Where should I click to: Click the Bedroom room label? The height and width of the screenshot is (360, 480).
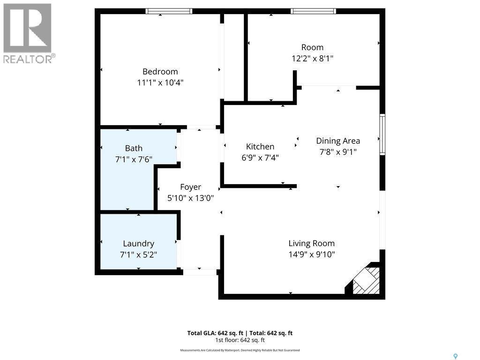160,72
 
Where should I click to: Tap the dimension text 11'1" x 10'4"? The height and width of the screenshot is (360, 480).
160,82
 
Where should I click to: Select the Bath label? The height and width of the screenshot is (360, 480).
134,149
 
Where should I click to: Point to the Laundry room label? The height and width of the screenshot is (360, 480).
138,244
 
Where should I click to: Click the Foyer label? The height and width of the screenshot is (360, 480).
190,187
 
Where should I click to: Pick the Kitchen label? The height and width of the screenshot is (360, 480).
260,147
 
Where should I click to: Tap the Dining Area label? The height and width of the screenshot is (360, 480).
338,141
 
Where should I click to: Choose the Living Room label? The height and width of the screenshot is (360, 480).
311,243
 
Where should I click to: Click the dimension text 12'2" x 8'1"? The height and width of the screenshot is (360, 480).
312,58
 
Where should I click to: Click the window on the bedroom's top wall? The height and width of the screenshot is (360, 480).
169,11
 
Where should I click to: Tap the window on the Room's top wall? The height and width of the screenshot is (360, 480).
313,11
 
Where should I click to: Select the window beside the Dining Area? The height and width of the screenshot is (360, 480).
382,135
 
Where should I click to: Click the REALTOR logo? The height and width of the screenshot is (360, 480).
28,33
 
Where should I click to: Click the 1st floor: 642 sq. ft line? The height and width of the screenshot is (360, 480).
240,340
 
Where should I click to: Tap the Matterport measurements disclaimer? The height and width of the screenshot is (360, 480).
240,350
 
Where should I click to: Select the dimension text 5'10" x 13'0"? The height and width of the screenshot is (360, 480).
190,198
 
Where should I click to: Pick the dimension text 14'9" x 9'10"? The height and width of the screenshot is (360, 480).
311,255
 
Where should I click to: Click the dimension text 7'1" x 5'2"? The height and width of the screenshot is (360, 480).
138,255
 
